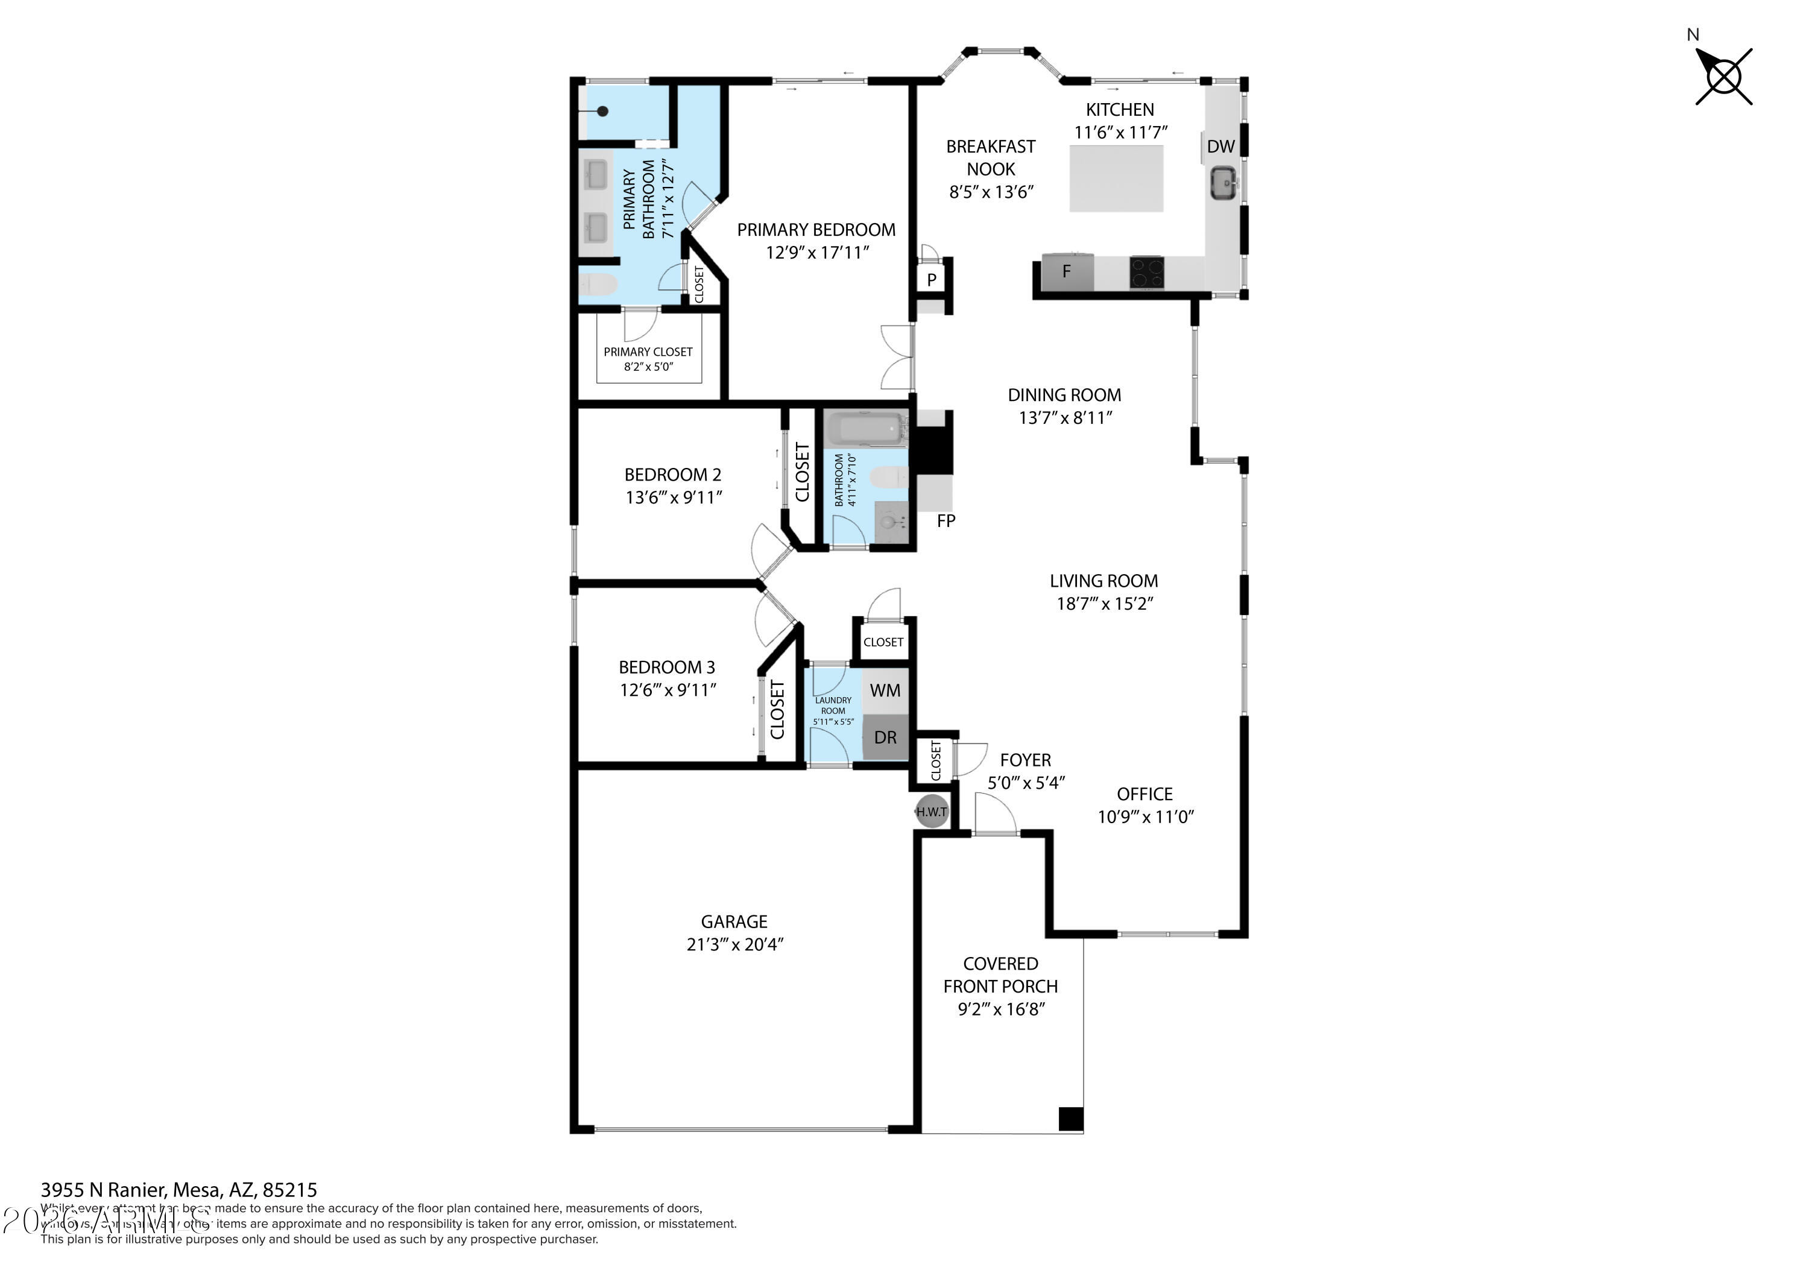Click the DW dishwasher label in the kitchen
click(x=1220, y=147)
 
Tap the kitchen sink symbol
click(x=1223, y=183)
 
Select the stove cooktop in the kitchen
click(x=1146, y=273)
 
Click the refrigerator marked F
click(x=1067, y=272)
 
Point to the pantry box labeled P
click(x=931, y=280)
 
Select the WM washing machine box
click(x=885, y=691)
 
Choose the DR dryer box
click(x=885, y=737)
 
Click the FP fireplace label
click(x=946, y=521)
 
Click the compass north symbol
click(x=1723, y=77)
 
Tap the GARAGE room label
click(x=733, y=921)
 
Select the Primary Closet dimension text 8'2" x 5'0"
click(x=648, y=367)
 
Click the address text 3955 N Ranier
click(x=179, y=1189)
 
